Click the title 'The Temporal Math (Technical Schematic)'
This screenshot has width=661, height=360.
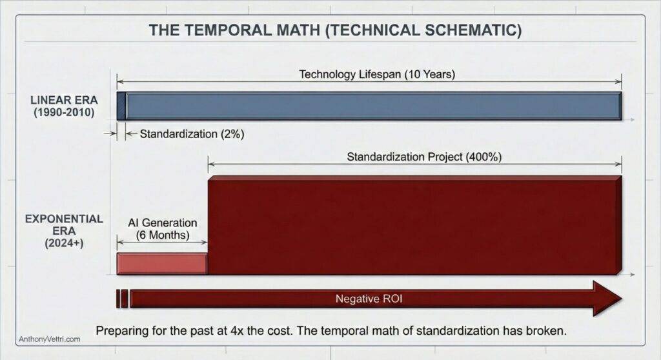[335, 30]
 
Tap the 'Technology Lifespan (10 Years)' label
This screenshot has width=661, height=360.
[377, 74]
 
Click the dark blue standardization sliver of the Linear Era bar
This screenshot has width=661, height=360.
[121, 106]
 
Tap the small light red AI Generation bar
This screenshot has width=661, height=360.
[161, 263]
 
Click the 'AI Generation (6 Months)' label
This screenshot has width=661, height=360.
[162, 229]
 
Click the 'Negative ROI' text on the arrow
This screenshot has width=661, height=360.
[369, 299]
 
